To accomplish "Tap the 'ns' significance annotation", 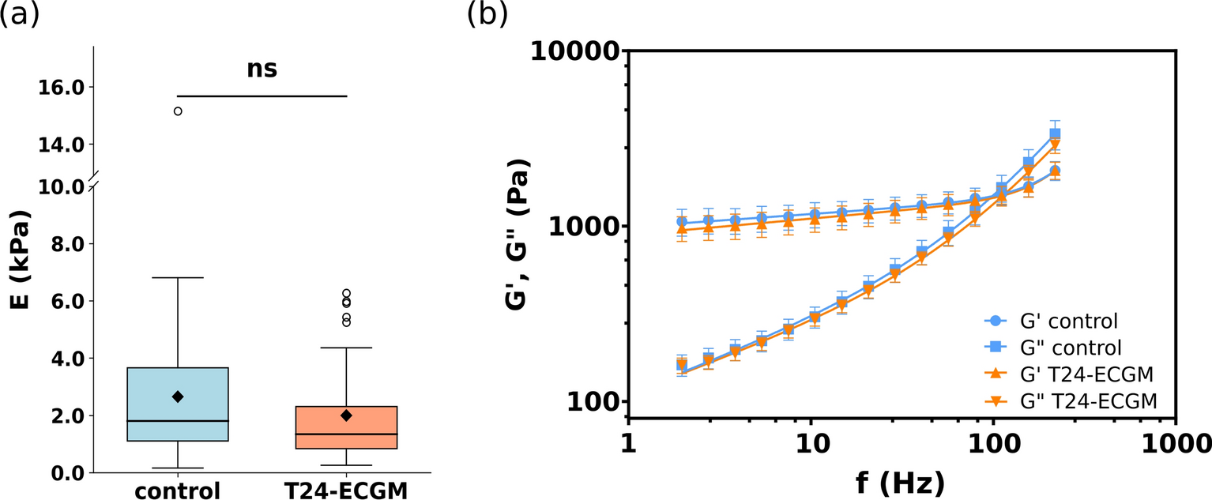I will (262, 69).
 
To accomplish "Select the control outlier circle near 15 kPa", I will (178, 111).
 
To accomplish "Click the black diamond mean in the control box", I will (178, 397).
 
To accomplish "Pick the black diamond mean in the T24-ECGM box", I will (346, 415).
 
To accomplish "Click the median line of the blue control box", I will (178, 421).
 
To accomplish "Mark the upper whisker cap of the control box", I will (178, 278).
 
